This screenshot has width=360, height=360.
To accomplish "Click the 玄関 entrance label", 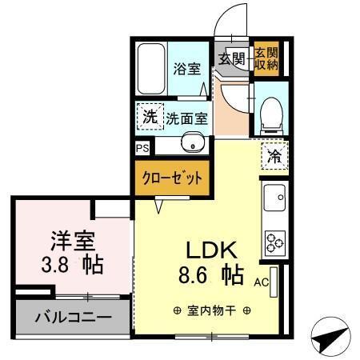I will (x=232, y=58).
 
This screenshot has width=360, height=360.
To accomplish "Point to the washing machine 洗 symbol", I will (x=150, y=118).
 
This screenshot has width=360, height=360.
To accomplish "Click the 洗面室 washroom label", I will (x=187, y=118).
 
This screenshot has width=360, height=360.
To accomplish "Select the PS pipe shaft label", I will (x=142, y=149).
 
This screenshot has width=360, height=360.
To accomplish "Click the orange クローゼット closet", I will (x=172, y=178).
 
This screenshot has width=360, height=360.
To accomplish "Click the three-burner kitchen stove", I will (x=274, y=240).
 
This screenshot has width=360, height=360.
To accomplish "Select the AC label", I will (x=261, y=282).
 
